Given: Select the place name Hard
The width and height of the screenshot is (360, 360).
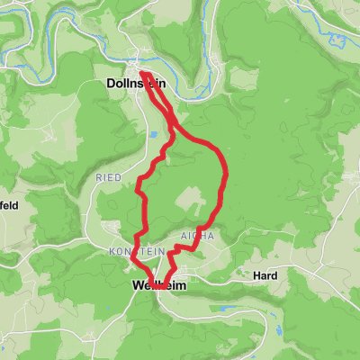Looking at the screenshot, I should pyautogui.click(x=265, y=275).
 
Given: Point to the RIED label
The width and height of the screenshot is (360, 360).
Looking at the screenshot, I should pyautogui.click(x=109, y=178).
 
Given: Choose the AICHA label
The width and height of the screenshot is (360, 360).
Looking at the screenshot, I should pyautogui.click(x=197, y=236).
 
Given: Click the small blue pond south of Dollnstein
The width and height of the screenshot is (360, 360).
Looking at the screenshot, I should pyautogui.click(x=154, y=134).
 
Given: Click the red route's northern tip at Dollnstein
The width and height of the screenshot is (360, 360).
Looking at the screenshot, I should pyautogui.click(x=141, y=70).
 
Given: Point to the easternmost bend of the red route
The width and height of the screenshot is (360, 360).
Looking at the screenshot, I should pyautogui.click(x=225, y=171).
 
